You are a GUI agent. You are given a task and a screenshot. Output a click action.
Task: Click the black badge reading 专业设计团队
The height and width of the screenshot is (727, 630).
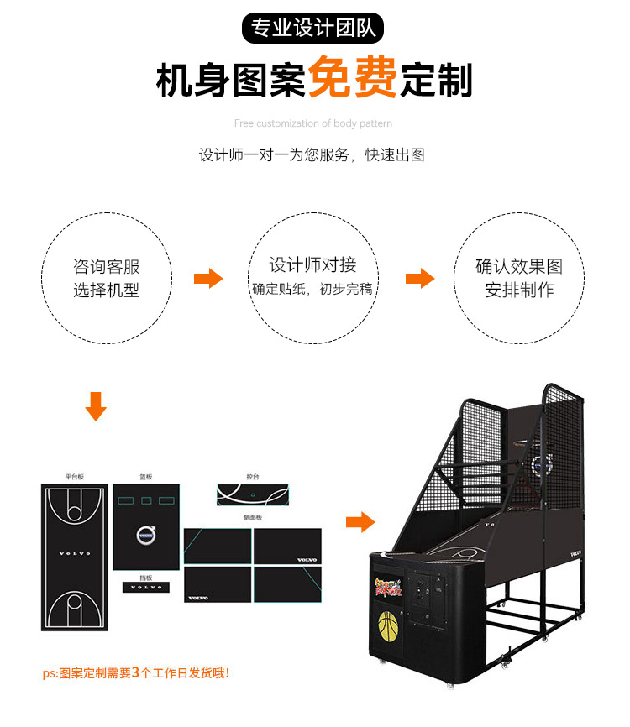click(x=312, y=29)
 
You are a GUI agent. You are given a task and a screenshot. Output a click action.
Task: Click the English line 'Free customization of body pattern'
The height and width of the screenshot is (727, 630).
click(x=312, y=123)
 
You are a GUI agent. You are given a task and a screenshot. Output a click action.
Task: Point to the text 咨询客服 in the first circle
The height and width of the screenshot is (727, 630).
click(x=107, y=267)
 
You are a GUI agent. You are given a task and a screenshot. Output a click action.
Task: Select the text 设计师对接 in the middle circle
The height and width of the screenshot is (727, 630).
click(x=312, y=264)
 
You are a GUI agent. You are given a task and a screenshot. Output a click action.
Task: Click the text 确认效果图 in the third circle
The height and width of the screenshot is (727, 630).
click(x=519, y=267)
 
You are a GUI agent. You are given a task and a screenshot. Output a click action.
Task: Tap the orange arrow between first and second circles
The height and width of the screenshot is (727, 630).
click(x=208, y=279)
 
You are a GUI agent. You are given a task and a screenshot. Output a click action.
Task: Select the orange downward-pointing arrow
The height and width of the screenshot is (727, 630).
click(x=97, y=406)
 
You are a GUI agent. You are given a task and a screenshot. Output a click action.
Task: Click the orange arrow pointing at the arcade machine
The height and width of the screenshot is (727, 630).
click(x=360, y=522)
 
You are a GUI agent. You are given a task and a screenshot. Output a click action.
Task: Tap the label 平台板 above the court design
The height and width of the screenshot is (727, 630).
click(x=75, y=477)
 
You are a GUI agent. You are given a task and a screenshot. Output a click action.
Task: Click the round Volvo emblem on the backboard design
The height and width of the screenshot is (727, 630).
click(x=146, y=532)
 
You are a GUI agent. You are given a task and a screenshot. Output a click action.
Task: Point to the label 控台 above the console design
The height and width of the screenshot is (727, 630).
click(x=253, y=477)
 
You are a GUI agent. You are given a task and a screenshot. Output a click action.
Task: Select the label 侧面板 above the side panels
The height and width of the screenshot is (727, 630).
click(x=253, y=518)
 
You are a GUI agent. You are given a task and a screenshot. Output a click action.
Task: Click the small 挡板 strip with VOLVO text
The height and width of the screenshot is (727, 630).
click(x=146, y=586)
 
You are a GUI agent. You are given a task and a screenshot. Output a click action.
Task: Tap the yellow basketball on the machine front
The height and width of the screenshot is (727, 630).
click(x=388, y=625)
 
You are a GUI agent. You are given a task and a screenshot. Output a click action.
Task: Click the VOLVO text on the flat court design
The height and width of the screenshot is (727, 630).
click(x=75, y=554)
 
